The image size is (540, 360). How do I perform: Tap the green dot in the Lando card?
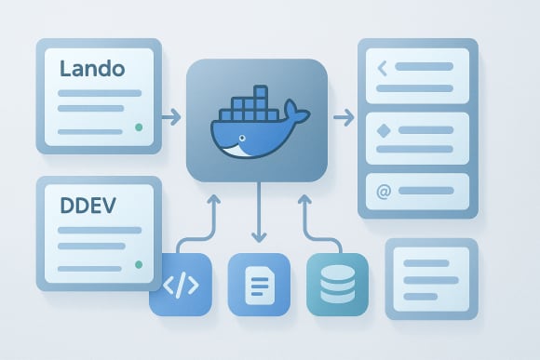pos(138,127)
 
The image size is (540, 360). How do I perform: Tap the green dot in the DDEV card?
pos(138,264)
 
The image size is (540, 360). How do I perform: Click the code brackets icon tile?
pos(181,284)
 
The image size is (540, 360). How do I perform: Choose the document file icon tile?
pos(258,284)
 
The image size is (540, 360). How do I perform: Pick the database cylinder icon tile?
pos(337,284)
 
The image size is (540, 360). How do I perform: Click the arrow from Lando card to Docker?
pos(169,117)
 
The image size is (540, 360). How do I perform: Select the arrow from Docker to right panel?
pos(344,117)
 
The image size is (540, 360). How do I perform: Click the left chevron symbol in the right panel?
pos(382,68)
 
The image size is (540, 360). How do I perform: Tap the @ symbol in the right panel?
pos(383,193)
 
